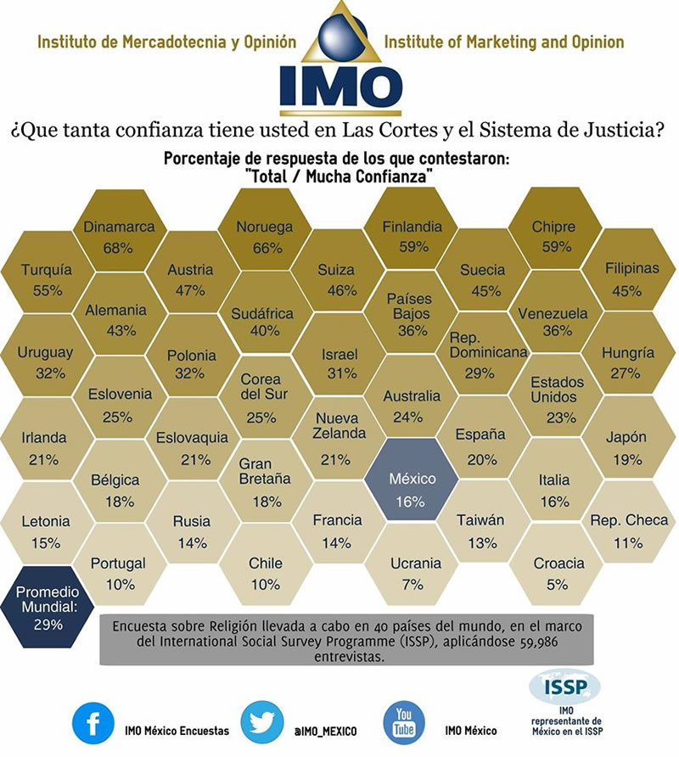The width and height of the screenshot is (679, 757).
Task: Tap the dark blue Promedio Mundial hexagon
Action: (x=48, y=607)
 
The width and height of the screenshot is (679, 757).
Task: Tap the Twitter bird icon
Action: (x=262, y=722)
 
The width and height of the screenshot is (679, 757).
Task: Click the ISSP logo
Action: (x=565, y=686)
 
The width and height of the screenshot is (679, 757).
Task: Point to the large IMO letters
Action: (x=341, y=86)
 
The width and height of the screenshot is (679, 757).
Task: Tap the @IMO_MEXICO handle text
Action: (x=325, y=731)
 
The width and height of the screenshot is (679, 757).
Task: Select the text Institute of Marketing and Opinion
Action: (x=503, y=42)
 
